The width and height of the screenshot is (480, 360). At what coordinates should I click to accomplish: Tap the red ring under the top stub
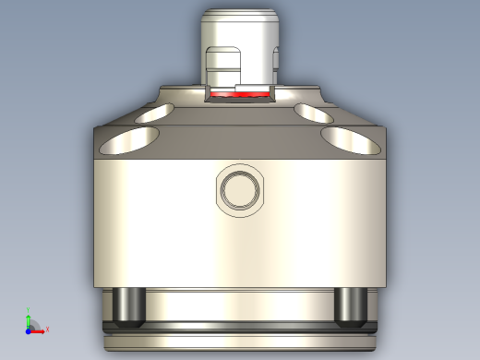coord(222,94)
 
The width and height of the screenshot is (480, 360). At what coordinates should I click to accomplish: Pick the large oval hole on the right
coord(353,141)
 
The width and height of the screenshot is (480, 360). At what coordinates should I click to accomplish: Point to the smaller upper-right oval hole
coord(315,113)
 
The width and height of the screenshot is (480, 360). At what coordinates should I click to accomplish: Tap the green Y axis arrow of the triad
coord(30,315)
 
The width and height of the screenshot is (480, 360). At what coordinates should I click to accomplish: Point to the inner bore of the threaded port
coord(240,190)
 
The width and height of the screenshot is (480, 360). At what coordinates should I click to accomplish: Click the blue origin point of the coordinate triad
coord(30,329)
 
